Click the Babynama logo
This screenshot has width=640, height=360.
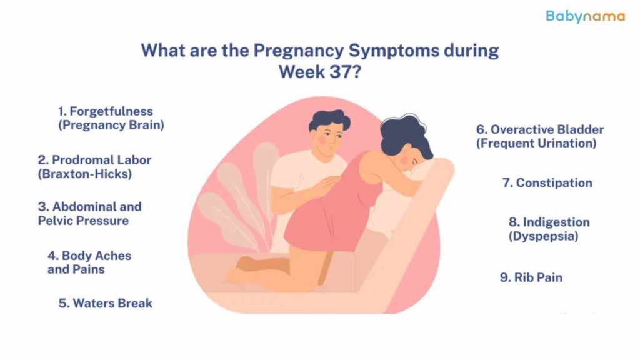585,17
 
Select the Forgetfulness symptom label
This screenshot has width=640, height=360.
111,118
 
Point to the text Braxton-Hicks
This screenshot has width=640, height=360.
85,174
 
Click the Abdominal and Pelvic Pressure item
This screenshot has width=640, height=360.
90,214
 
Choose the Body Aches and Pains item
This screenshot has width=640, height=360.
89,262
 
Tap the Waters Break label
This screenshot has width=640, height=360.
105,303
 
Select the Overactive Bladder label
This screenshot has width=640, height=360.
540,129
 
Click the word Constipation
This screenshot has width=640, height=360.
554,183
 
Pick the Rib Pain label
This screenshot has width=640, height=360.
531,277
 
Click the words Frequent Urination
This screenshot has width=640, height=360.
536,143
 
